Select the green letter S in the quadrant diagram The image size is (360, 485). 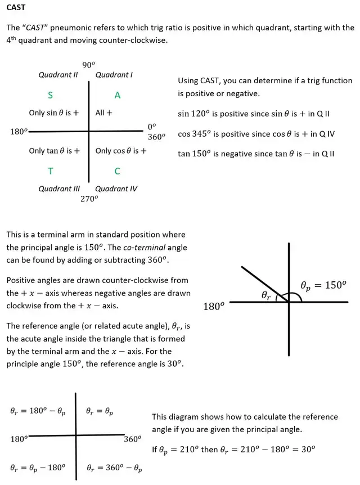tap(50, 96)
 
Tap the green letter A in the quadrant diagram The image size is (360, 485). tap(117, 96)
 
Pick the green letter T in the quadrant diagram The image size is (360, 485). tap(50, 171)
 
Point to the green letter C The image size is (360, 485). tap(117, 171)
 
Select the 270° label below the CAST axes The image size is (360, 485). tap(89, 199)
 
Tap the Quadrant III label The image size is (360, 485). tap(58, 188)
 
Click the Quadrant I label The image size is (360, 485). tap(114, 75)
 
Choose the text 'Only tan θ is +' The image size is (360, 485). tap(54, 151)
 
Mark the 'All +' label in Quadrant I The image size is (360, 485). tap(103, 113)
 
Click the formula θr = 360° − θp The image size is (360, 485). tap(114, 468)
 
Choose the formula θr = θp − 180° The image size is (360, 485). tap(38, 468)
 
